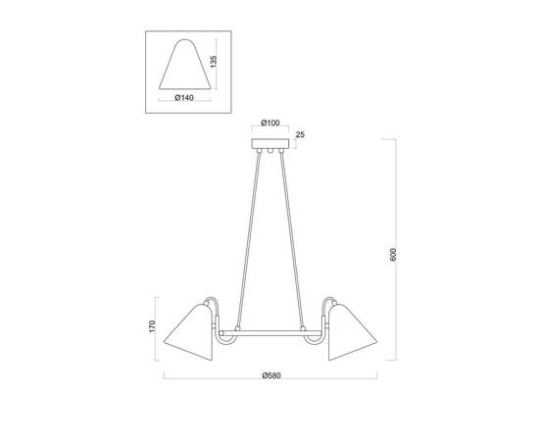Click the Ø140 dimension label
(x=184, y=98)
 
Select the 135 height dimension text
(x=214, y=62)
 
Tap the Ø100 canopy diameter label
(x=270, y=122)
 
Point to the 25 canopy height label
(x=300, y=134)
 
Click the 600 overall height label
(x=393, y=255)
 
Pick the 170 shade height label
(x=152, y=326)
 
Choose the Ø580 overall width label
(x=271, y=375)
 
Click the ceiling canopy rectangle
(x=270, y=144)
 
